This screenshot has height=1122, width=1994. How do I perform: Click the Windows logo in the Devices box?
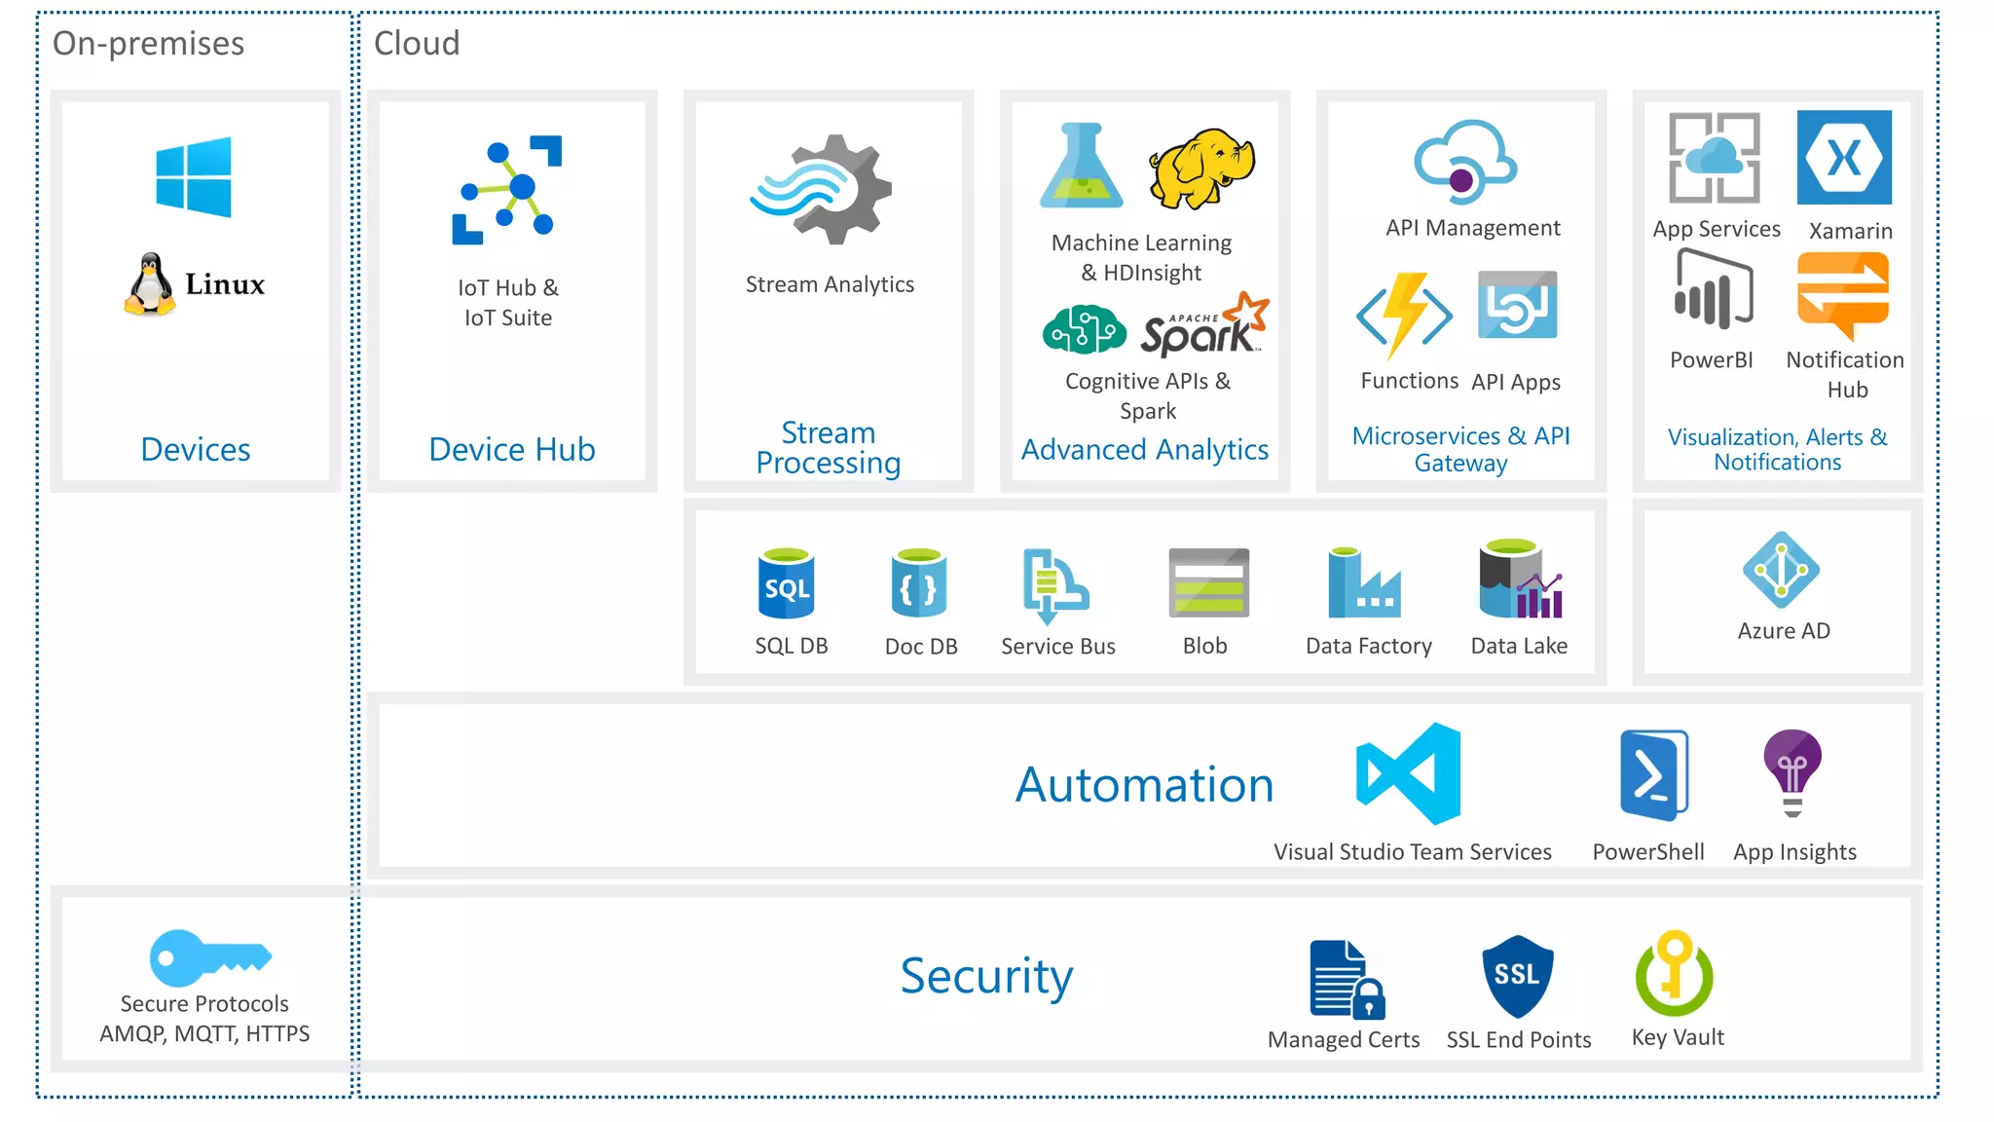click(194, 177)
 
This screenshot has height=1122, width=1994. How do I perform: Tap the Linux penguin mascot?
click(150, 284)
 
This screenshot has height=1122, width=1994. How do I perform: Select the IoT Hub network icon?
click(507, 190)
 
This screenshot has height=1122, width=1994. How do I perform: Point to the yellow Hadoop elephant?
click(1202, 168)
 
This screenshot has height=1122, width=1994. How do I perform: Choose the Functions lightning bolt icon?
click(1405, 315)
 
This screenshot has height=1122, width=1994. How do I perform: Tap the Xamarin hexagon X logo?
click(1844, 157)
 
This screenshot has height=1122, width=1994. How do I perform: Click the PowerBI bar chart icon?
click(1713, 290)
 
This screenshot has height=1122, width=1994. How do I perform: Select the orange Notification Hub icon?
click(1843, 294)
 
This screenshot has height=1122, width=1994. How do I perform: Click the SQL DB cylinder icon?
click(786, 584)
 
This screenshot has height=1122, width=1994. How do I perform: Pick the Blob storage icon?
click(1208, 583)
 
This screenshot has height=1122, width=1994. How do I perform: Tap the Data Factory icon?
click(1363, 583)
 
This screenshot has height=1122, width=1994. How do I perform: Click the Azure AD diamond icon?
click(1781, 570)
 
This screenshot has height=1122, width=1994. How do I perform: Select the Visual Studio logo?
click(1409, 773)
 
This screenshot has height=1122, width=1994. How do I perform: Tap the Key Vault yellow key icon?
click(1675, 973)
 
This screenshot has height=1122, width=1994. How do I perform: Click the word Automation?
click(1144, 785)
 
